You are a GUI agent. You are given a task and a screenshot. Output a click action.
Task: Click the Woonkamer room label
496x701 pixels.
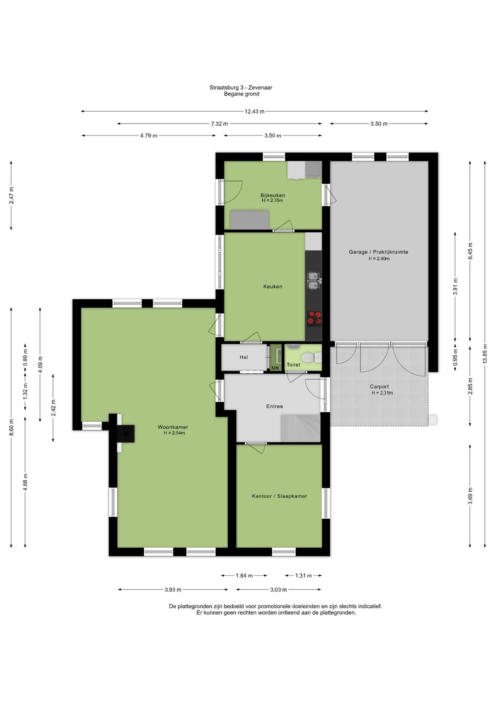click(x=173, y=427)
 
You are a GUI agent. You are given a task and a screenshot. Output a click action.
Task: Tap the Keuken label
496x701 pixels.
click(x=273, y=286)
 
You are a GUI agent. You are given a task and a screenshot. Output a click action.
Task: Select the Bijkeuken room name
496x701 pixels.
click(x=273, y=195)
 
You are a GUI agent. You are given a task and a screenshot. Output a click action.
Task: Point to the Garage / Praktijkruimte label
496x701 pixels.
click(x=378, y=252)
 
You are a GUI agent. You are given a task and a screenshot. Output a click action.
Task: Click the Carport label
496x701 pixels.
click(x=379, y=387)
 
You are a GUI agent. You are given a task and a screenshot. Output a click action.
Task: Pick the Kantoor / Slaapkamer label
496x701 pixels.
click(x=279, y=496)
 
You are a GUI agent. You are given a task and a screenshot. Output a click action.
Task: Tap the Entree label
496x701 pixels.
click(x=275, y=406)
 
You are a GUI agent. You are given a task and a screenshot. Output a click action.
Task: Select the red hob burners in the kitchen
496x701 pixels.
click(x=314, y=318)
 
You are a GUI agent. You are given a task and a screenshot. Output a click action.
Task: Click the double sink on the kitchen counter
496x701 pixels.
click(x=313, y=280)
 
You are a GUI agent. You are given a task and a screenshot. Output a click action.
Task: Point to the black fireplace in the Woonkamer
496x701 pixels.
click(x=126, y=433)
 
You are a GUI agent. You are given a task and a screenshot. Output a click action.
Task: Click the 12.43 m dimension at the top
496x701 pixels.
click(x=254, y=111)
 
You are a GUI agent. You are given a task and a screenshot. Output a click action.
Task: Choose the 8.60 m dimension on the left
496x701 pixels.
click(x=11, y=427)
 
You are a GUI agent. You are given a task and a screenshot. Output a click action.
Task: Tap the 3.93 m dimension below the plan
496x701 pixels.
click(x=173, y=589)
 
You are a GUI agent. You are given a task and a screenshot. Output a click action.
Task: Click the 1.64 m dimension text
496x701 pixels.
click(x=244, y=575)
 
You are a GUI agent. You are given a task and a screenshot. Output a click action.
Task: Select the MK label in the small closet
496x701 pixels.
click(x=275, y=368)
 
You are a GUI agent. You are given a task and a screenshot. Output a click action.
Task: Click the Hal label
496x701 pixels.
click(x=243, y=357)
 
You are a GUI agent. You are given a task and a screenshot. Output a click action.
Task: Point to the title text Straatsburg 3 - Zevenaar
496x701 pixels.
click(x=241, y=88)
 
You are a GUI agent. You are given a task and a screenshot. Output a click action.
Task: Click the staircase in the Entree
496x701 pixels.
click(x=300, y=428)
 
